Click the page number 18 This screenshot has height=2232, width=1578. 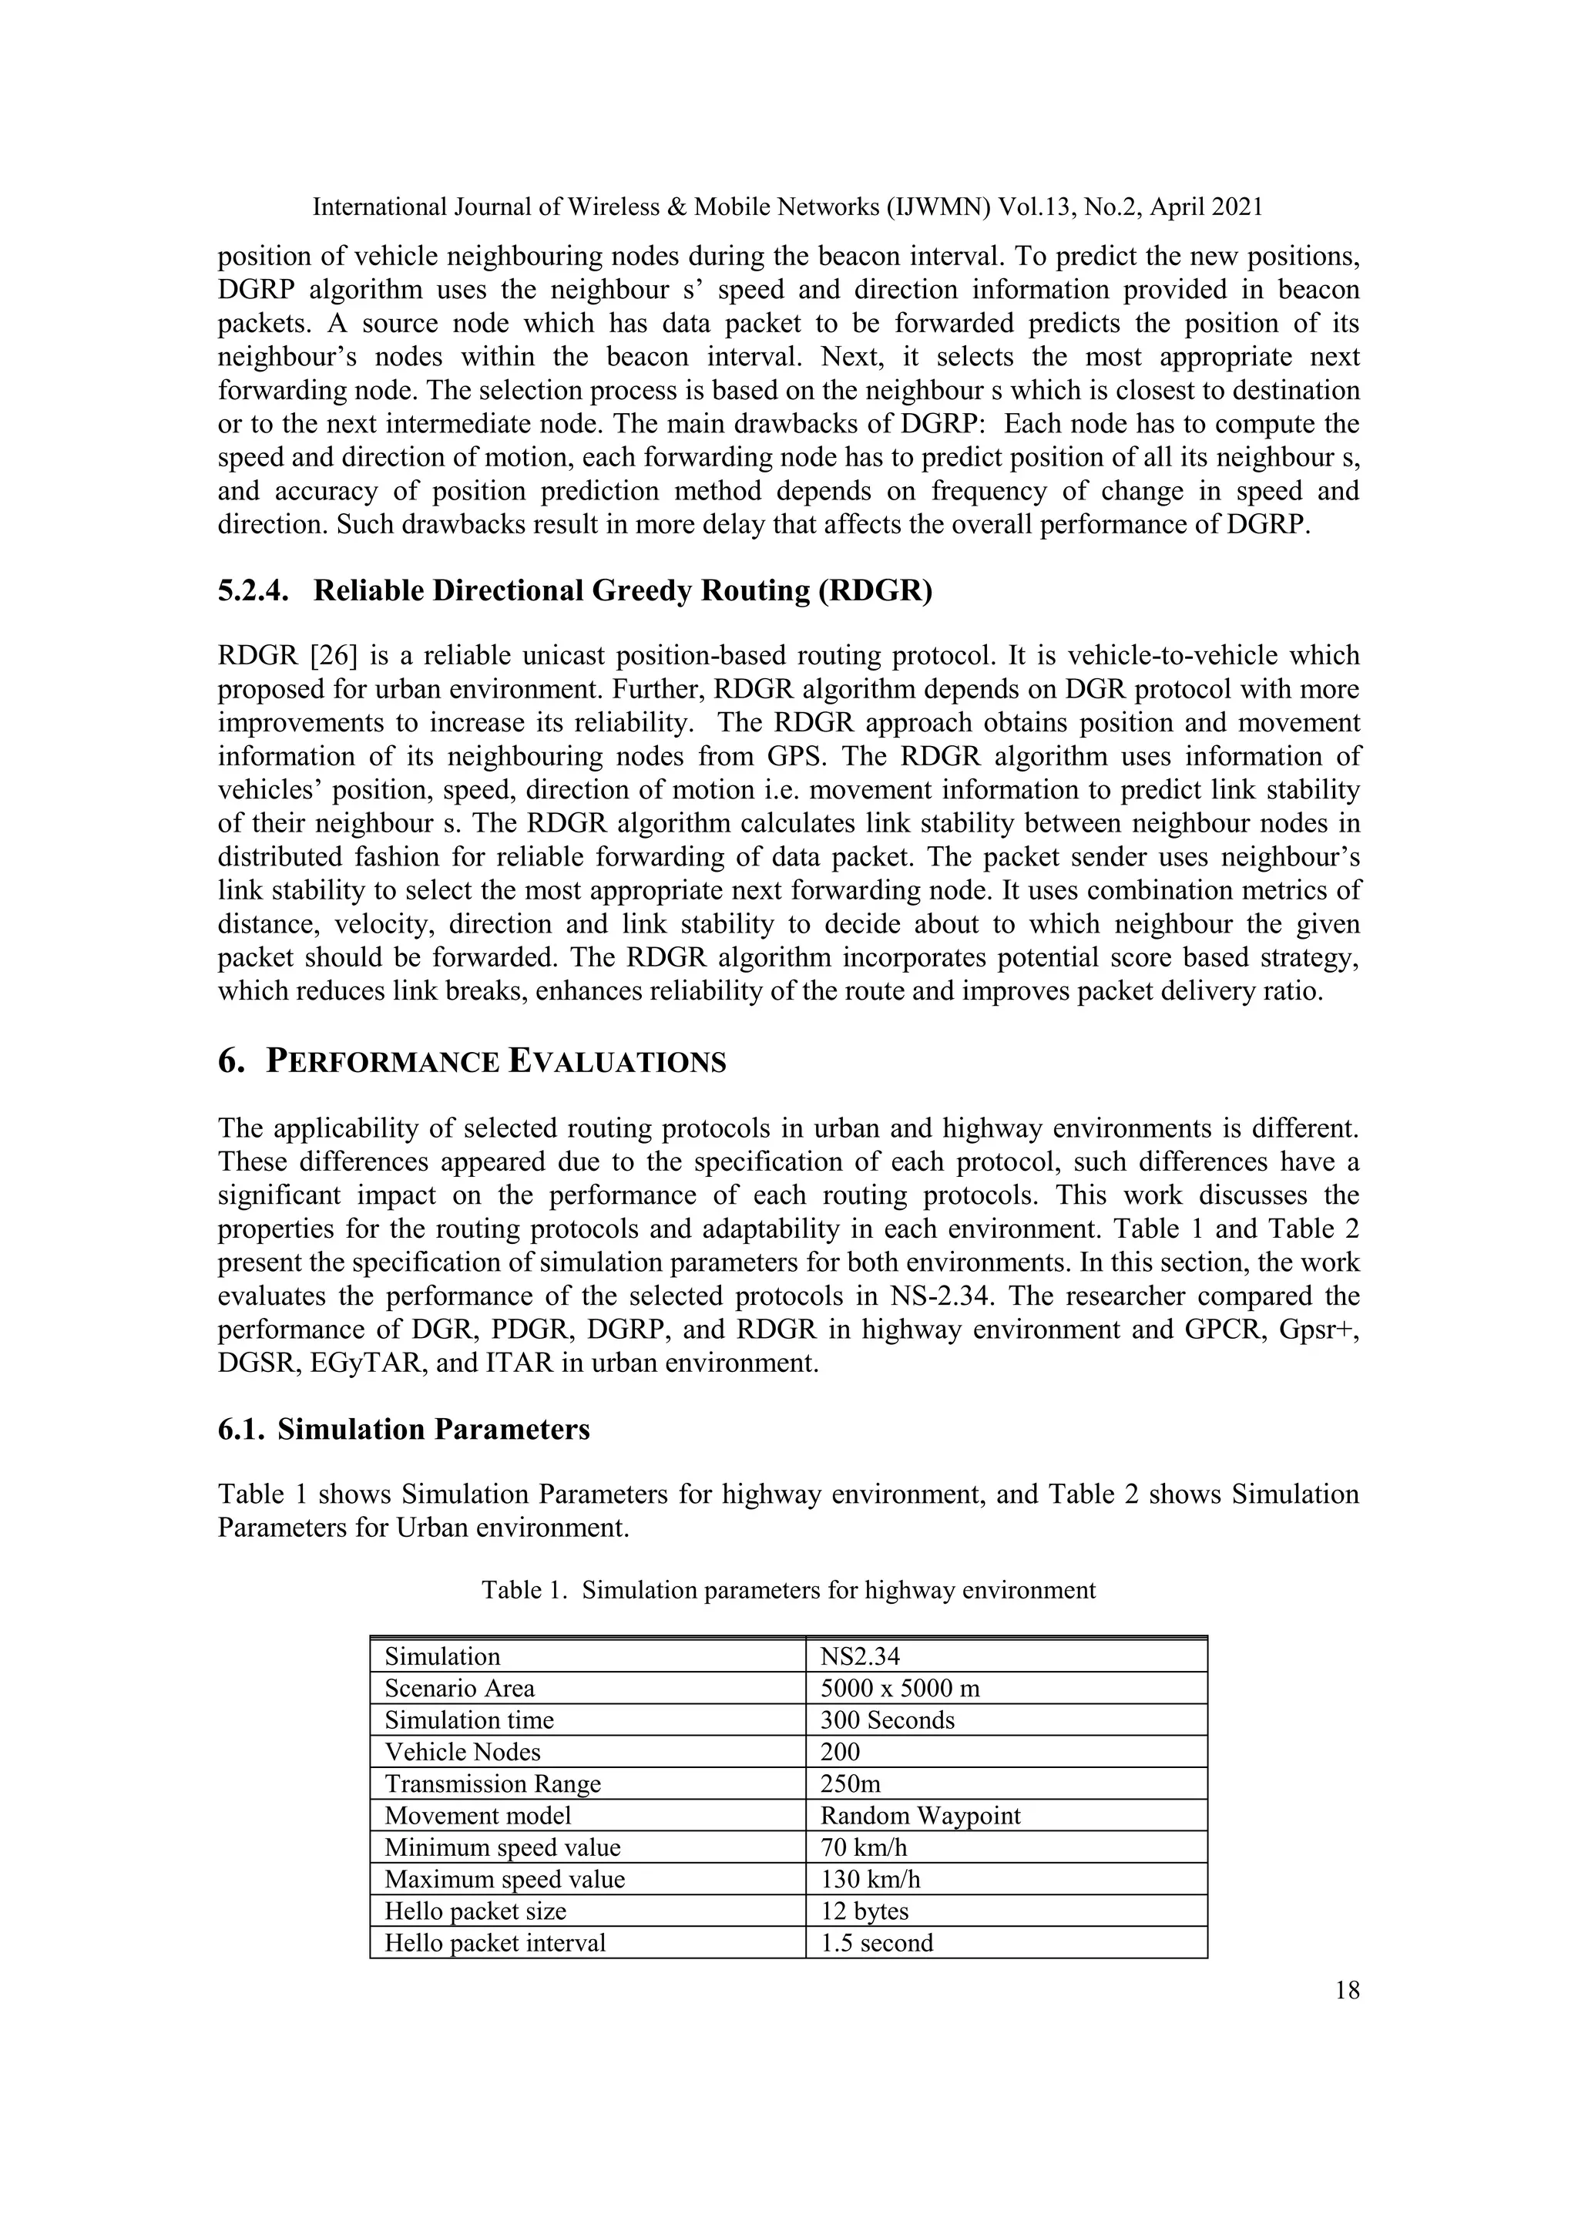click(1347, 1990)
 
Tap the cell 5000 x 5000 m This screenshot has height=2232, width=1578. click(900, 1689)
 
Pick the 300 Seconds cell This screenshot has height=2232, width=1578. click(887, 1721)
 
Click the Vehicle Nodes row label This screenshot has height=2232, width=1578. click(462, 1753)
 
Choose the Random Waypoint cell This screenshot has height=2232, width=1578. click(920, 1816)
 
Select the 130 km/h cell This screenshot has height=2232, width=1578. click(870, 1880)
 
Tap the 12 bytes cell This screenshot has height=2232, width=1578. click(864, 1912)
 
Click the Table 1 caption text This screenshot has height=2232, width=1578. click(788, 1591)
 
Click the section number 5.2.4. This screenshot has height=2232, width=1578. click(253, 591)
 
